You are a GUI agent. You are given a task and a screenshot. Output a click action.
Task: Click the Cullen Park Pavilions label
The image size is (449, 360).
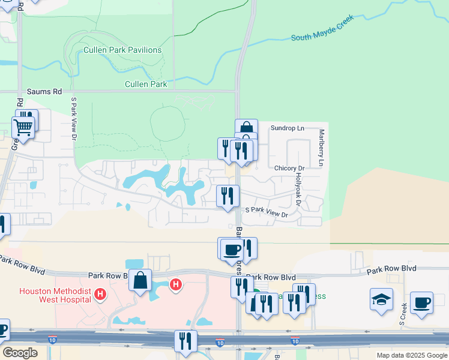(x=122, y=50)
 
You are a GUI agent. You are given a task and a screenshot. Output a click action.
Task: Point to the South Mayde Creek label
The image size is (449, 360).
(x=322, y=29)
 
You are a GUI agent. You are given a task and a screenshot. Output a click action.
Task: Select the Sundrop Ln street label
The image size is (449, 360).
(x=288, y=128)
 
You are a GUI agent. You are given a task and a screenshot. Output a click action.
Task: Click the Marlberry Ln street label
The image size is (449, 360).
(x=322, y=148)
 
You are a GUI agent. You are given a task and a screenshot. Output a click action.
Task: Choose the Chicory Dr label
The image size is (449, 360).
(x=290, y=169)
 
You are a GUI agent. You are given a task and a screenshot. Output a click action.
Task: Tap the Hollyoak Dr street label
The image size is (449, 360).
(x=298, y=191)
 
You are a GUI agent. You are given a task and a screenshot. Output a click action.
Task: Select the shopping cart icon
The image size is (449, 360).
(x=23, y=127)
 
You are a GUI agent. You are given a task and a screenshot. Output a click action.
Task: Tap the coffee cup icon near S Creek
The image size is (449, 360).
(x=421, y=303)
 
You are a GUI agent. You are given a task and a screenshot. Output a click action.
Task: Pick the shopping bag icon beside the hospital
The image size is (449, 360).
(x=140, y=281)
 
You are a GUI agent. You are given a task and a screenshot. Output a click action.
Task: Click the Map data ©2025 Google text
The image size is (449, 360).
(x=412, y=355)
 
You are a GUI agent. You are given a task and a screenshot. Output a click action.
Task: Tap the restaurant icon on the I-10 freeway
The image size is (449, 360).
(x=185, y=341)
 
